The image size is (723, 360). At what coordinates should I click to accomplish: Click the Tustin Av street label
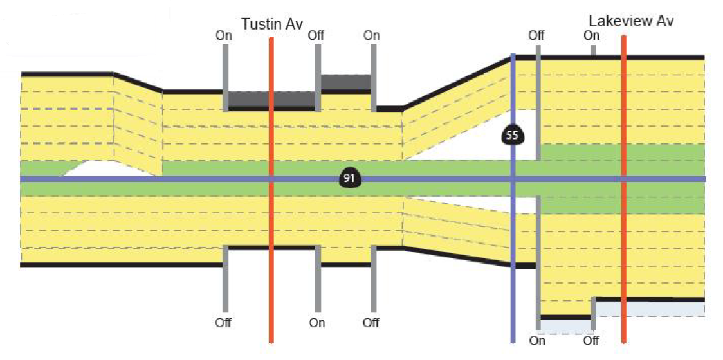(271, 24)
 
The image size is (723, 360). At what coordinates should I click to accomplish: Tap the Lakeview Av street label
(631, 21)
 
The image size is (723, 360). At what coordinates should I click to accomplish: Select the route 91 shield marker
(349, 179)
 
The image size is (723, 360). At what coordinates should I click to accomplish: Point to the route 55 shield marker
(512, 135)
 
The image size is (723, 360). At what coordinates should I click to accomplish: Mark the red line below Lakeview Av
(624, 257)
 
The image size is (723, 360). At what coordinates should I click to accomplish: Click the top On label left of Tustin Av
(224, 35)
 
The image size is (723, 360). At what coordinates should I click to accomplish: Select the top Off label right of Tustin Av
(316, 35)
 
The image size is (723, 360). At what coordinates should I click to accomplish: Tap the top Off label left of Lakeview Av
(536, 35)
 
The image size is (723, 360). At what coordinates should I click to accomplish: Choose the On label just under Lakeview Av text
(592, 36)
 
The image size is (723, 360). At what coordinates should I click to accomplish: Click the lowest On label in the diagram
(537, 340)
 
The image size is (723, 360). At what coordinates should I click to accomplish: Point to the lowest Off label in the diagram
(592, 340)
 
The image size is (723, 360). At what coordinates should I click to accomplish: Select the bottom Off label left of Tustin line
(223, 322)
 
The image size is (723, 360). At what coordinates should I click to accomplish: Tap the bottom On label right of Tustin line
(316, 322)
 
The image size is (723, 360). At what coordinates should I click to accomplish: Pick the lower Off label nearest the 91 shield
(371, 322)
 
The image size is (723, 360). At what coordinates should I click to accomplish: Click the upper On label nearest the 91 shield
(372, 35)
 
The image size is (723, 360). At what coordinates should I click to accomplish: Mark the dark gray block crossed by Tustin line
(271, 99)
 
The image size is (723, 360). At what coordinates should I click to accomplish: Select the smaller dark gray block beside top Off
(345, 82)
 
